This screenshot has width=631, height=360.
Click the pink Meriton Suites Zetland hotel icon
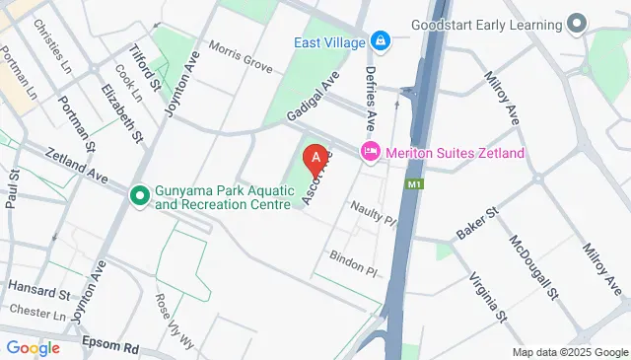[370, 152]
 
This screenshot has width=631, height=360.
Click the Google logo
[33, 347]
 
